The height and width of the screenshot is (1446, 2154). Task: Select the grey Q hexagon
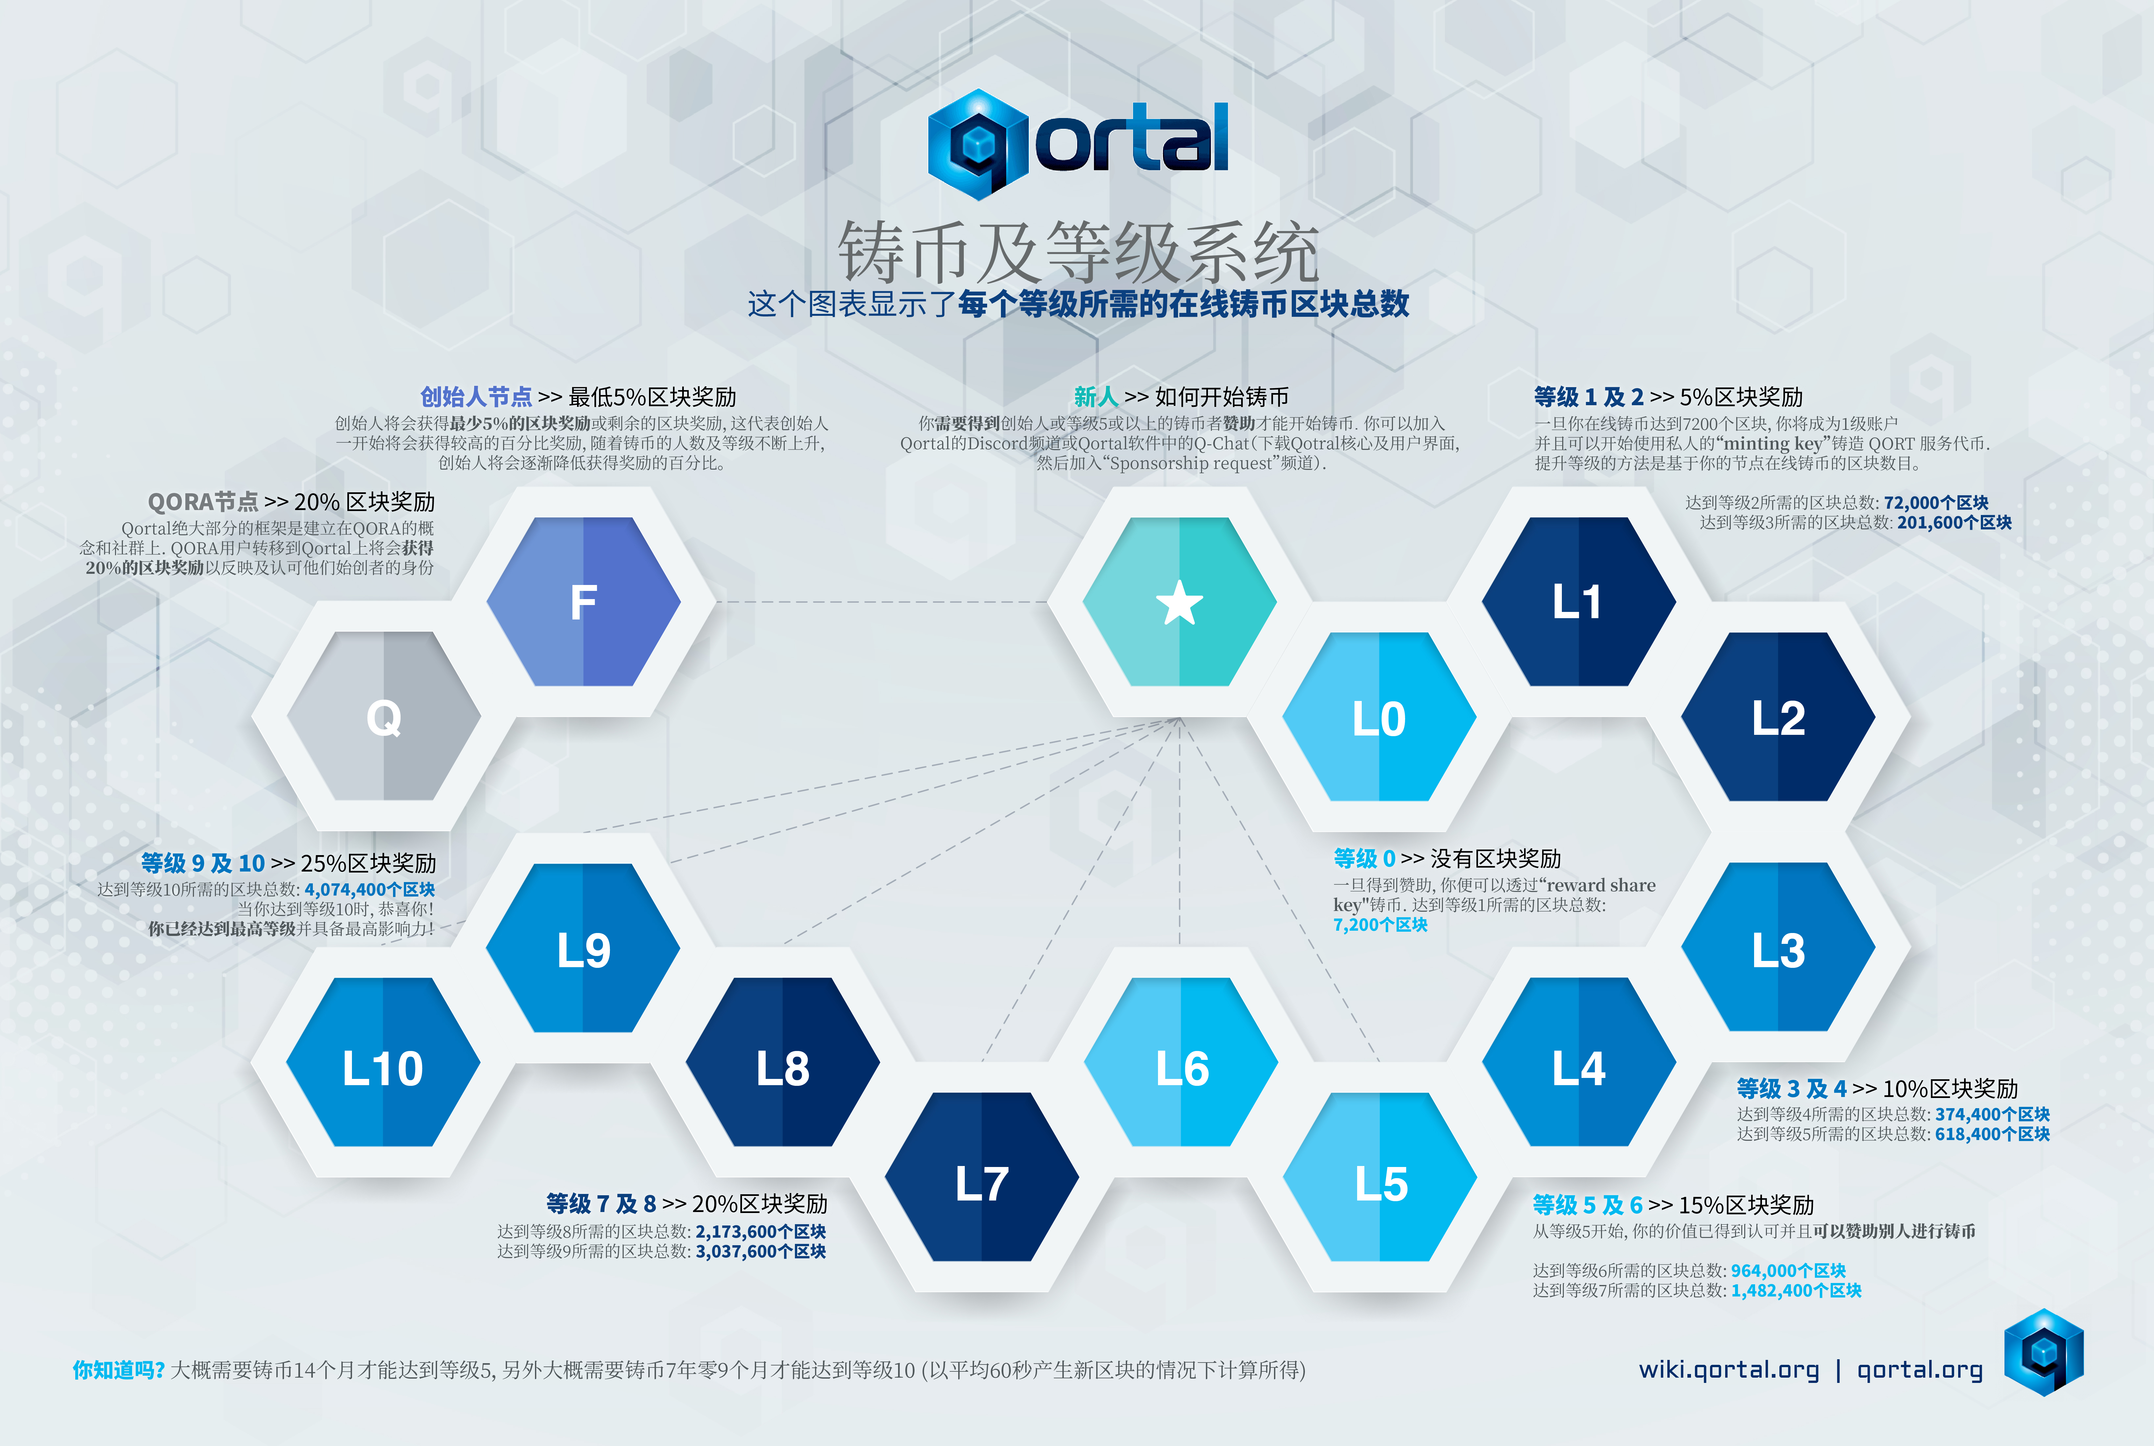coord(383,716)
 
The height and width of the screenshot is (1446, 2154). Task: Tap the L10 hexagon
coord(383,1062)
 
